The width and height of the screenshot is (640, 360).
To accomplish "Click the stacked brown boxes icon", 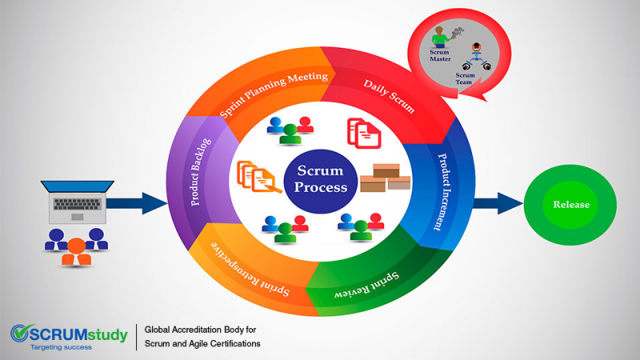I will click(x=386, y=178).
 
